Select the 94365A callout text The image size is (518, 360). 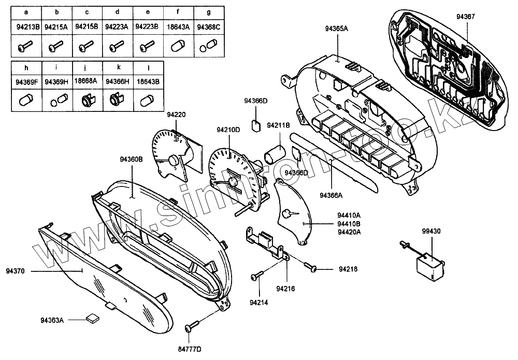[336, 28]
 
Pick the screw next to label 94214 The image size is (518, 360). [257, 277]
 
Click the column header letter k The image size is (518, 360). [118, 67]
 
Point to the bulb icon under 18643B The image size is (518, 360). [148, 100]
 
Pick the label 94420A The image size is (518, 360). [349, 232]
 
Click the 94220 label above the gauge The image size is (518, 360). [176, 114]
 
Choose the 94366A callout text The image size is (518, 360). [332, 195]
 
